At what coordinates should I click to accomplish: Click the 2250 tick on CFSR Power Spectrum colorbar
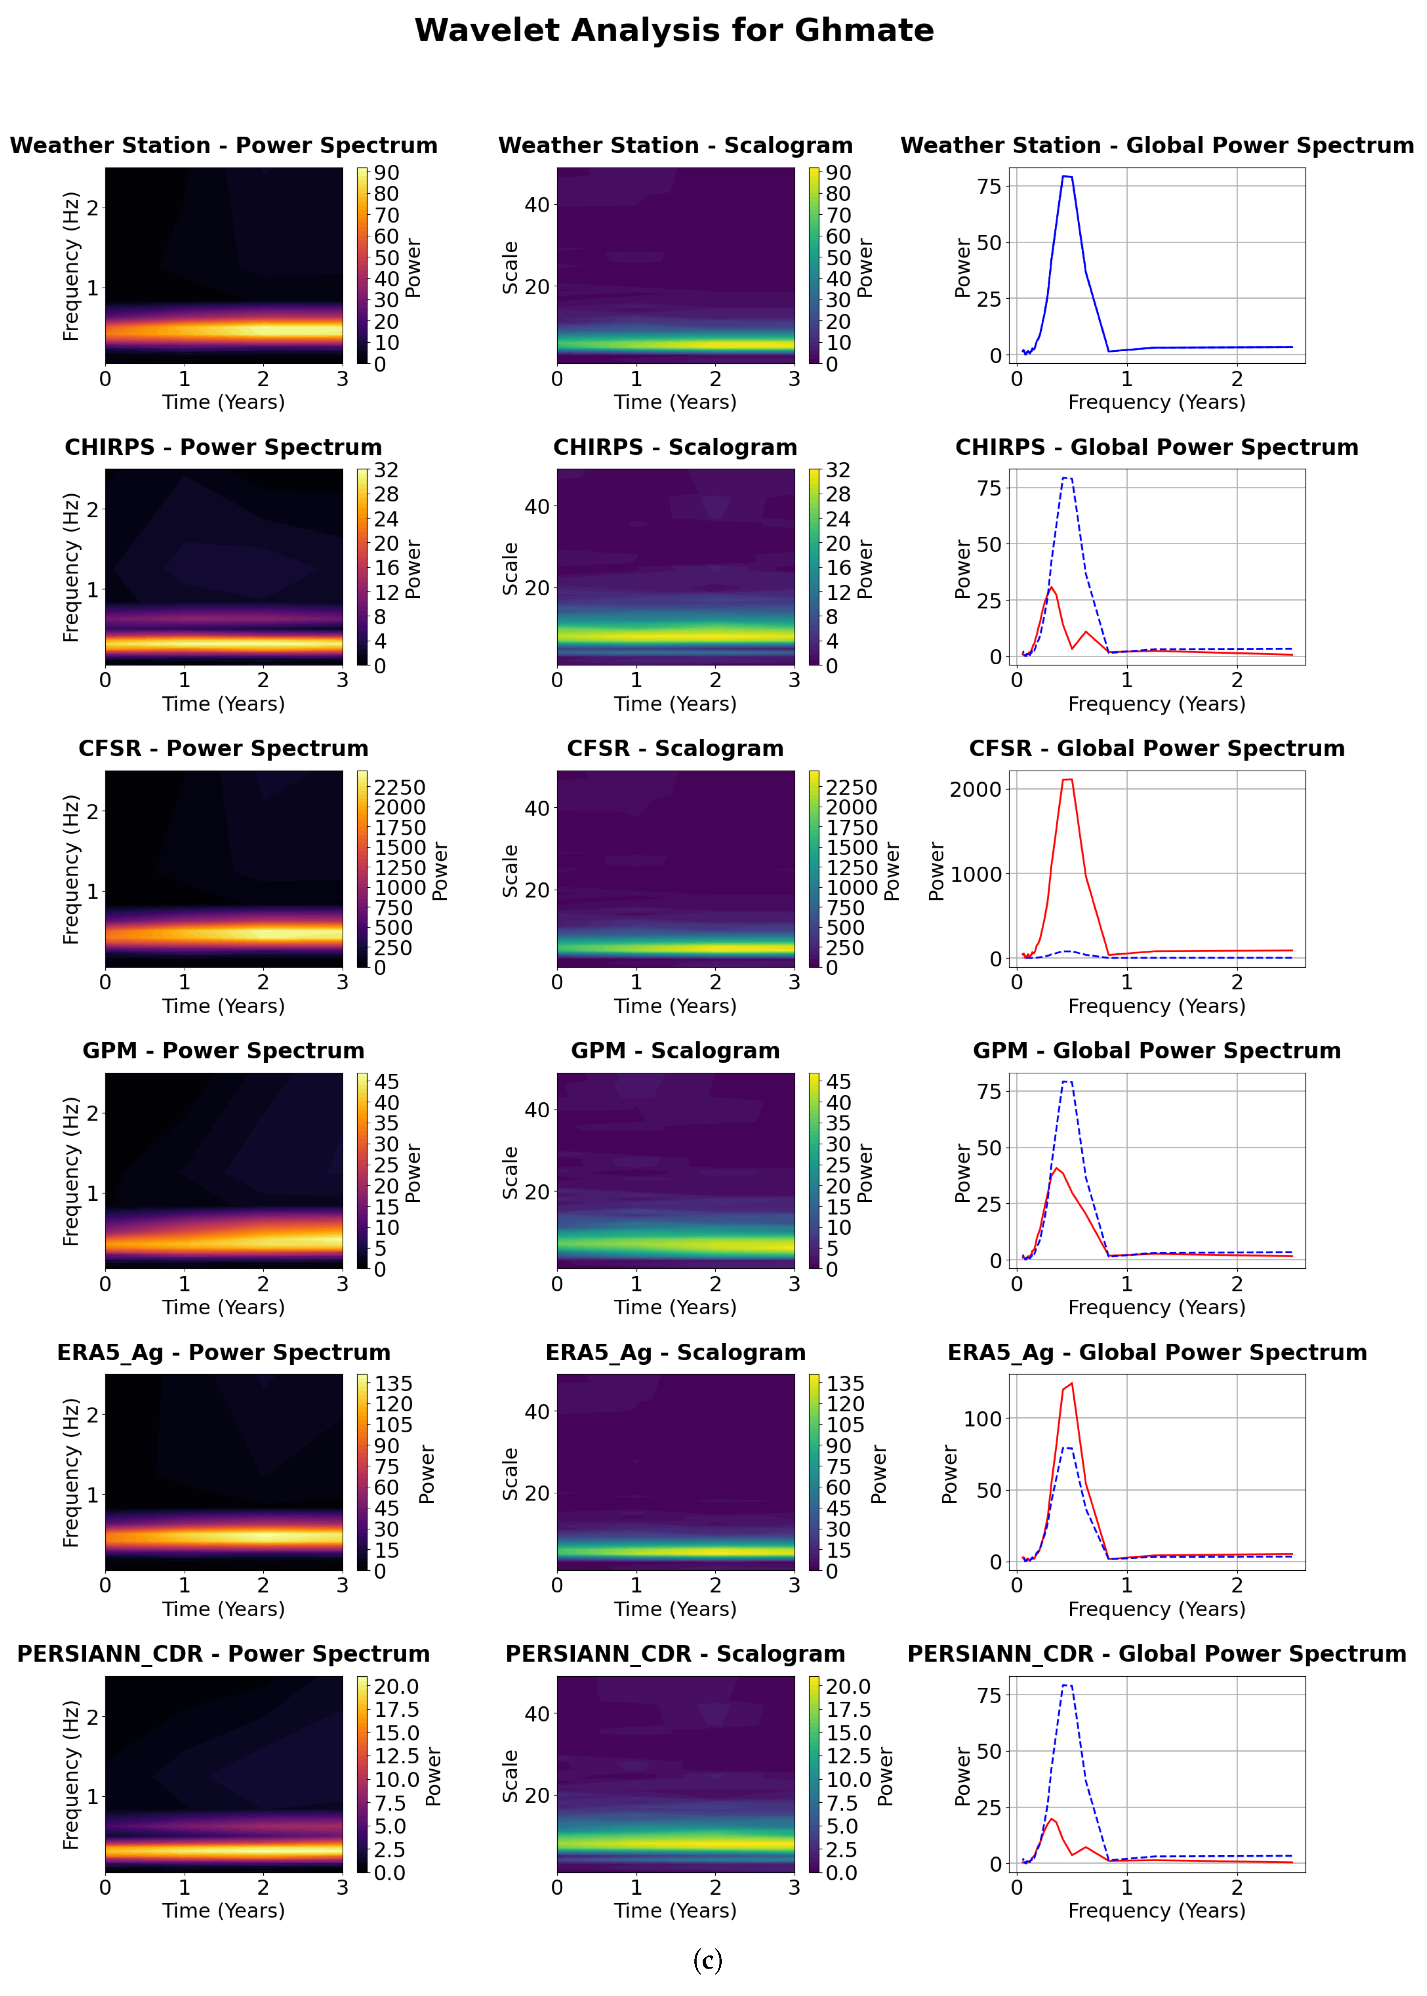400,787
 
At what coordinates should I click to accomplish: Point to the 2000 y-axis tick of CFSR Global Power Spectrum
975,789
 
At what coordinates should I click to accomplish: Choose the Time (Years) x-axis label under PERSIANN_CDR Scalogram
675,1911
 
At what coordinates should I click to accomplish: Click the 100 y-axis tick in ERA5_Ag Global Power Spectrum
982,1419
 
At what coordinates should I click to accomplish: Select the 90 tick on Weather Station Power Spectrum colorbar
387,173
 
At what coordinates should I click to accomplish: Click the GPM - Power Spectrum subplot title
223,1051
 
